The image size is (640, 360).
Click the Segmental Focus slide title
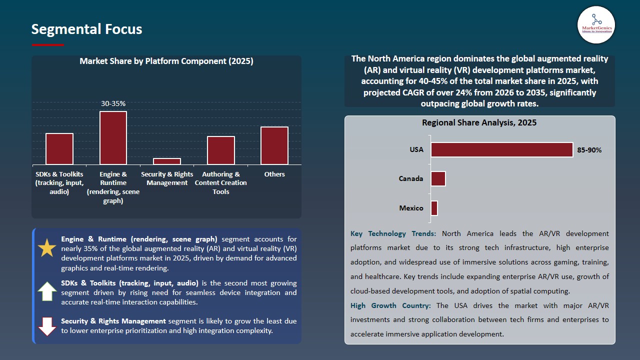[x=86, y=29]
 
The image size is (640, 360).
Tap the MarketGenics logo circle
[x=596, y=25]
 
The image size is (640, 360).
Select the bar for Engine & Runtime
[x=113, y=138]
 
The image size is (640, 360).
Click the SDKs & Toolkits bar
[x=59, y=149]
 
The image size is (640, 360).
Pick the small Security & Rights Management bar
[x=167, y=161]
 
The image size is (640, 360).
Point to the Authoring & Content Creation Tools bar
[x=221, y=150]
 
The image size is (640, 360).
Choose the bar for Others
[x=274, y=145]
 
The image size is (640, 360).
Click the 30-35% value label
[x=113, y=103]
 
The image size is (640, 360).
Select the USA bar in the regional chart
[x=501, y=150]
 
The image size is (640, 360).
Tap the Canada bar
[x=438, y=179]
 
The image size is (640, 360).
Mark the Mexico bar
[x=434, y=208]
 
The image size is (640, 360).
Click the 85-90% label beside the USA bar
[x=589, y=150]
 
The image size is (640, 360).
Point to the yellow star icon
[x=47, y=248]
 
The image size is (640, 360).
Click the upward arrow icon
[x=47, y=291]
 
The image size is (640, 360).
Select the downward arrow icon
[x=47, y=326]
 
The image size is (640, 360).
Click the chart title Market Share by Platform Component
[x=166, y=61]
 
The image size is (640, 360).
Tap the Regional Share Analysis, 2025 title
[x=479, y=122]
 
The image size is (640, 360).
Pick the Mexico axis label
[x=411, y=208]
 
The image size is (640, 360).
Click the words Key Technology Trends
[x=393, y=233]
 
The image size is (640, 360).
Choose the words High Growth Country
[x=390, y=305]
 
